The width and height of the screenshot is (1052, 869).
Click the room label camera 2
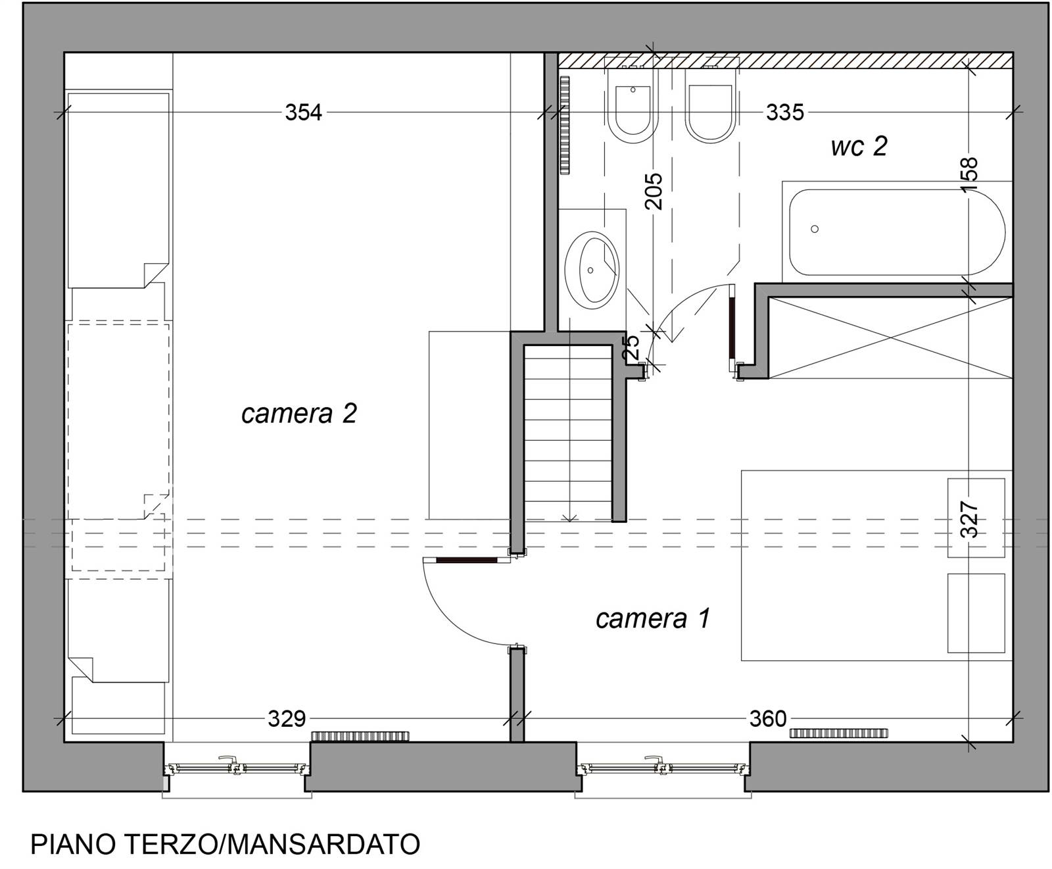(299, 414)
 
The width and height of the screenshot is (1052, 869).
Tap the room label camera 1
(653, 618)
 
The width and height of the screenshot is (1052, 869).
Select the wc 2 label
(859, 146)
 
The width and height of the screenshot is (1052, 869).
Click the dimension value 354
(303, 112)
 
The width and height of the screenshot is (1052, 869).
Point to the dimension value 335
(784, 112)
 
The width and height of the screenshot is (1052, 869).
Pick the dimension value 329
(287, 718)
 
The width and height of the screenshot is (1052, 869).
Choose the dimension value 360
(768, 718)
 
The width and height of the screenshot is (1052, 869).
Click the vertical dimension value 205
(654, 191)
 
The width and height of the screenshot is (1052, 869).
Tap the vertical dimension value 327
(970, 520)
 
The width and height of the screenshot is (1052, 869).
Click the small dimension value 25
(631, 347)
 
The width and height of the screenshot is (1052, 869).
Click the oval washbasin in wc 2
(592, 267)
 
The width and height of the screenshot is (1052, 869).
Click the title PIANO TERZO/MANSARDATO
(226, 845)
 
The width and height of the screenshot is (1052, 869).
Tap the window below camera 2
(237, 768)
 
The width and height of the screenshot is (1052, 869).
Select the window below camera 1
(663, 768)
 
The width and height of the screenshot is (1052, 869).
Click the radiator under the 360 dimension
(838, 733)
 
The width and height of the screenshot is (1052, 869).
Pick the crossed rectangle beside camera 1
(890, 338)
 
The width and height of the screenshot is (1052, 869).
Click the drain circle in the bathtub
(815, 229)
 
